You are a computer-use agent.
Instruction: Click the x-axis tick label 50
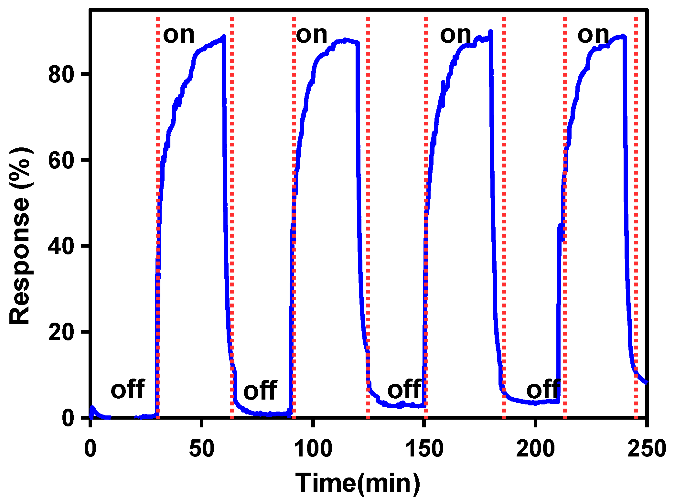click(x=201, y=449)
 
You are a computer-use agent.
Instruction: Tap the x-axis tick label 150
click(x=424, y=449)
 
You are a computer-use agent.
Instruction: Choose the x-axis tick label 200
click(x=536, y=449)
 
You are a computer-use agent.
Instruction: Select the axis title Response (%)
click(x=20, y=236)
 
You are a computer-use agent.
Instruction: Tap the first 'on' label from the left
click(x=179, y=35)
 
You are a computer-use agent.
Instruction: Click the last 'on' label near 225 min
click(x=593, y=35)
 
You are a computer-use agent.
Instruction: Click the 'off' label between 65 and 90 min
click(x=260, y=390)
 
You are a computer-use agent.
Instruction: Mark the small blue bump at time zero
click(x=93, y=409)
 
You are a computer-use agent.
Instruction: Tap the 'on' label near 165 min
click(x=455, y=35)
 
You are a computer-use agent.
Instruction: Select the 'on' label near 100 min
click(x=312, y=35)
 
